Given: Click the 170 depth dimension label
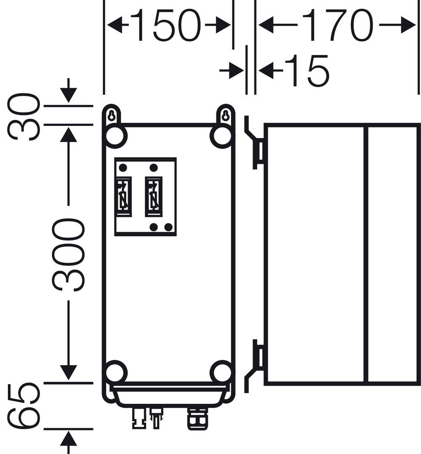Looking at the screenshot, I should (337, 26).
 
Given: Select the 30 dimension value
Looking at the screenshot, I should (24, 117).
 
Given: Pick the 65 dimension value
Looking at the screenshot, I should (24, 405).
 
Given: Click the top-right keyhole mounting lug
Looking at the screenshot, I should (226, 115).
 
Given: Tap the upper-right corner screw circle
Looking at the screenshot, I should (221, 136).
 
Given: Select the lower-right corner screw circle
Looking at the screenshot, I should (221, 372).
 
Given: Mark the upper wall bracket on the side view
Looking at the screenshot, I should (254, 143).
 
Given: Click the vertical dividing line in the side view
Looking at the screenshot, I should (366, 254).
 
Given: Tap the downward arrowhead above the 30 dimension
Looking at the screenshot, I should (69, 95).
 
